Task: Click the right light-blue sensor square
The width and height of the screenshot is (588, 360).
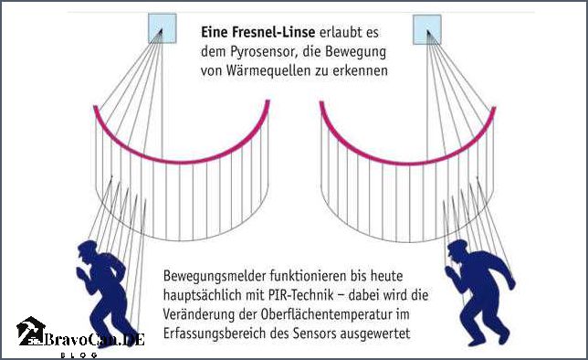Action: [x=427, y=28]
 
